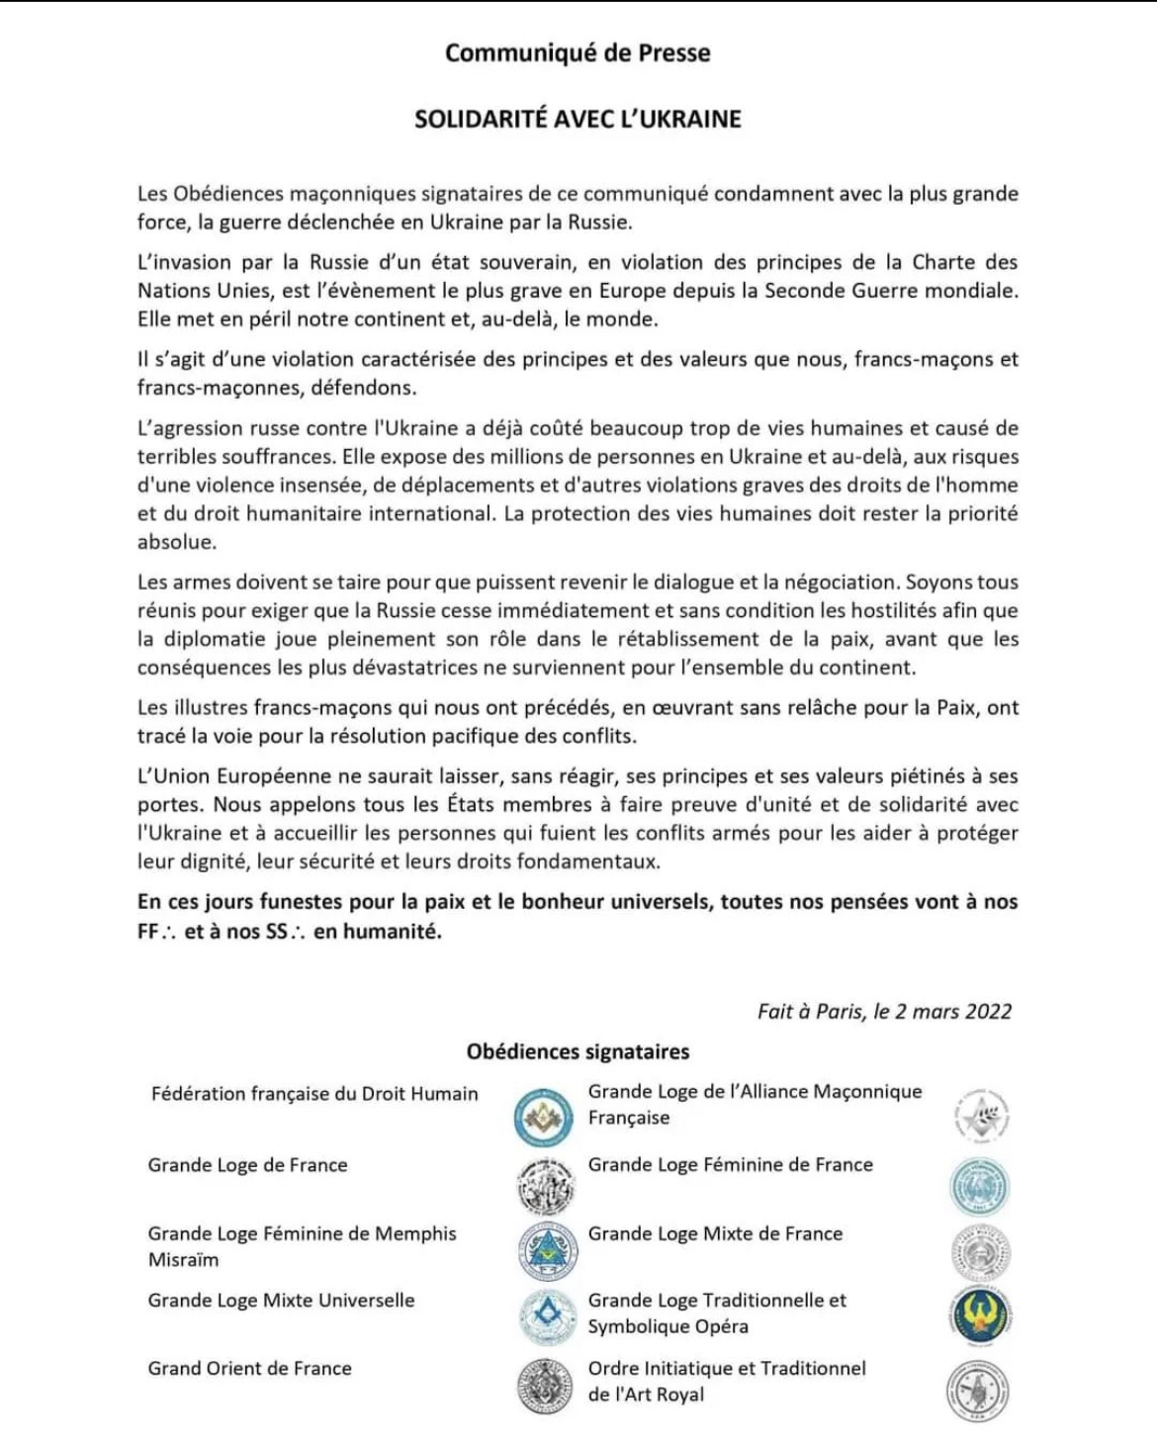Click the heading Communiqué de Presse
[578, 52]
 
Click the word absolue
[176, 542]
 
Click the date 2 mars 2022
[953, 1011]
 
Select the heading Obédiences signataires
[578, 1051]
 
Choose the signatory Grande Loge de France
[247, 1165]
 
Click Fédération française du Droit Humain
[314, 1094]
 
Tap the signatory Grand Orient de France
[249, 1368]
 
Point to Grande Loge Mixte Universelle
[281, 1301]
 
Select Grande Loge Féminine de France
[730, 1165]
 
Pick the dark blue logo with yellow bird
[979, 1316]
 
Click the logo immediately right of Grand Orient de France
[545, 1386]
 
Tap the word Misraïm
[183, 1260]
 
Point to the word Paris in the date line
[840, 1011]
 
